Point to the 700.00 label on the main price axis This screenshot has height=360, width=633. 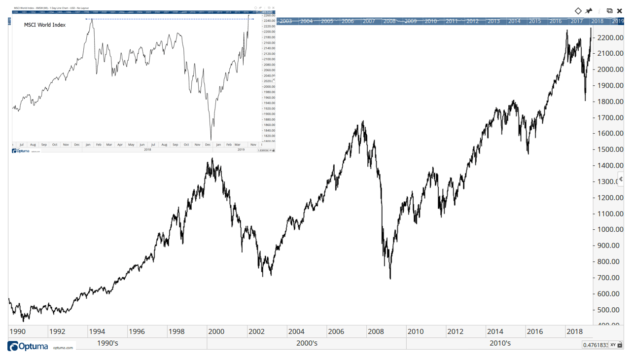point(610,278)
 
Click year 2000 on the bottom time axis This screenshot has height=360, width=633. point(216,331)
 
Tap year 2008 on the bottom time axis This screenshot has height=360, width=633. point(376,331)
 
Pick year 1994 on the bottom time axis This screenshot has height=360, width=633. point(97,331)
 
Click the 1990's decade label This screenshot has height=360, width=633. point(107,343)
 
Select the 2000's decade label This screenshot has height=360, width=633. point(306,343)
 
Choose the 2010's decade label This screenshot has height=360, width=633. point(500,343)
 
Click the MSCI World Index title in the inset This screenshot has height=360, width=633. point(45,25)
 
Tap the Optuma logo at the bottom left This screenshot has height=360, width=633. point(29,347)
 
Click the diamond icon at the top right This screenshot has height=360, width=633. point(578,11)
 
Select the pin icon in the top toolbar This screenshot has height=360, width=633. point(589,11)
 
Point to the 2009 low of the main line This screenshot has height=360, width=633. point(390,279)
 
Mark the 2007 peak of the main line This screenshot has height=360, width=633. point(363,121)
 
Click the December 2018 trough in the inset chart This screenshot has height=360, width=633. point(211,140)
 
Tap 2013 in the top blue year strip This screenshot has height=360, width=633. point(493,21)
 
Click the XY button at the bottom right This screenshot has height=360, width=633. point(613,345)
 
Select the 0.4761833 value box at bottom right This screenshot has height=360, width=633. point(595,345)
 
